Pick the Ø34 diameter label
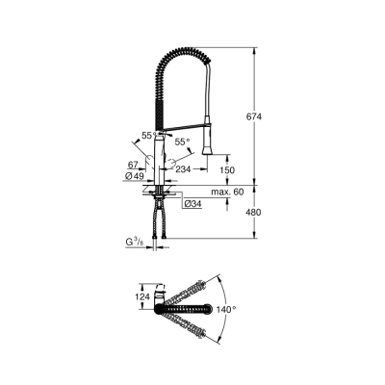192,204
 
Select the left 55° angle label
148,137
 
